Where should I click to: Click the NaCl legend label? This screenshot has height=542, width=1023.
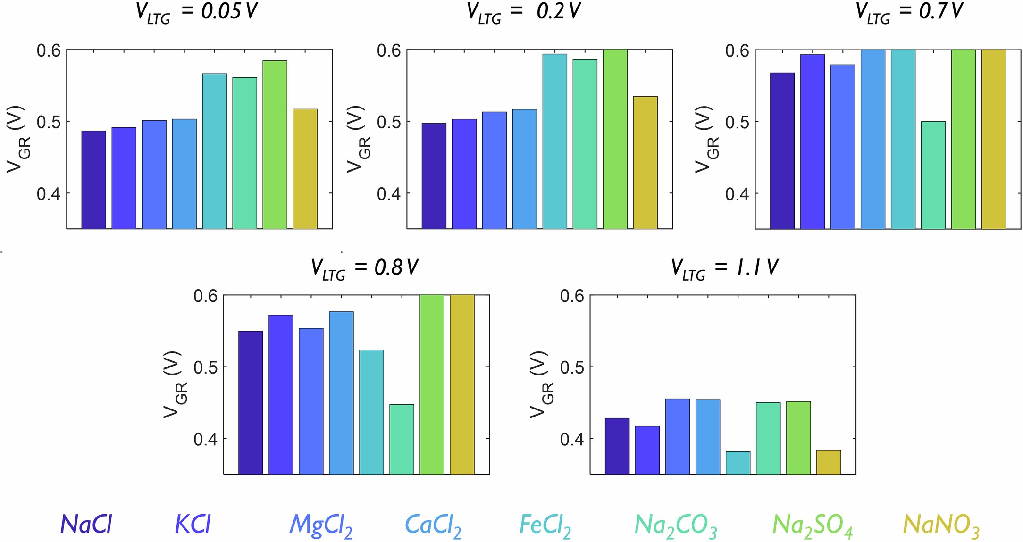[x=86, y=524]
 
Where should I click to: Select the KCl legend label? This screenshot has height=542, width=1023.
[x=193, y=524]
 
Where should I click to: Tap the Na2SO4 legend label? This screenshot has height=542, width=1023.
[x=812, y=525]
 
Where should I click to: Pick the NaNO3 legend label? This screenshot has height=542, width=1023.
[x=941, y=525]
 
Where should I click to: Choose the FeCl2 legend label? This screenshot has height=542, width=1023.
[x=545, y=525]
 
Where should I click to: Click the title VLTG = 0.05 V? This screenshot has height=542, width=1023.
[x=197, y=12]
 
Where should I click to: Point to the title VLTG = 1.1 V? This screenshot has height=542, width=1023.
[x=724, y=268]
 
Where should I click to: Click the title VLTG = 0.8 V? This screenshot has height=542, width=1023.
[x=364, y=268]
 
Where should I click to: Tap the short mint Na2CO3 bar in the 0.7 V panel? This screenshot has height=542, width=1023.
[x=933, y=175]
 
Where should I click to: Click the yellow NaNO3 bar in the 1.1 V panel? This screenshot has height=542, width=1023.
[x=828, y=462]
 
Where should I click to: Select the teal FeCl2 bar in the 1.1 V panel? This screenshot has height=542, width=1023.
[x=738, y=462]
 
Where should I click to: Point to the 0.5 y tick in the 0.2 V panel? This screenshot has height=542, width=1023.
[x=389, y=122]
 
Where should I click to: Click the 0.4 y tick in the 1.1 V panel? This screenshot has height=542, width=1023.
[x=572, y=439]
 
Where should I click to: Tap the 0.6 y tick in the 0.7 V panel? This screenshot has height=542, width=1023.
[x=737, y=50]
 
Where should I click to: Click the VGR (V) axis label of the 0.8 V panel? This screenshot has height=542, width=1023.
[x=176, y=384]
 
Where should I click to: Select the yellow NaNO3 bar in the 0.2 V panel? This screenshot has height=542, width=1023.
[x=645, y=162]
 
